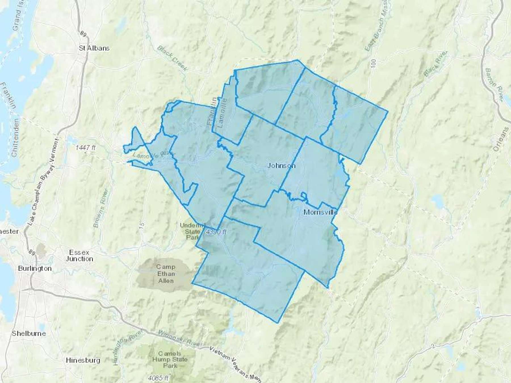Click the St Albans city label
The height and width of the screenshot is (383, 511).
[94, 48]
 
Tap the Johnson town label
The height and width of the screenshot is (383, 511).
[281, 166]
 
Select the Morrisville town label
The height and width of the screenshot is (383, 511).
[321, 212]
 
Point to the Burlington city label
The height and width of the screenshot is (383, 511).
[35, 268]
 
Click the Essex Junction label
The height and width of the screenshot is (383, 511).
[79, 256]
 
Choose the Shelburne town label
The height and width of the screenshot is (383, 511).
[29, 333]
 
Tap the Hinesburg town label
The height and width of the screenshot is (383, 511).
[83, 360]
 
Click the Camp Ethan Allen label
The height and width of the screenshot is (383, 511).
[166, 274]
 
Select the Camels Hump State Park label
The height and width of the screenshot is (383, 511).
[170, 359]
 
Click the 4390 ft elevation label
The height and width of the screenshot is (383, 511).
[216, 232]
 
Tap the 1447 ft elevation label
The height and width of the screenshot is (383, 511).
[85, 148]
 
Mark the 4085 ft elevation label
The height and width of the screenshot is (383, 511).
[158, 378]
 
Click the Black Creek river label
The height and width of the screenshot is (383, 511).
[172, 58]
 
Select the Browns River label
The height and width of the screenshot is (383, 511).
[101, 208]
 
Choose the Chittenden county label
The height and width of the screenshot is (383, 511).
[15, 138]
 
